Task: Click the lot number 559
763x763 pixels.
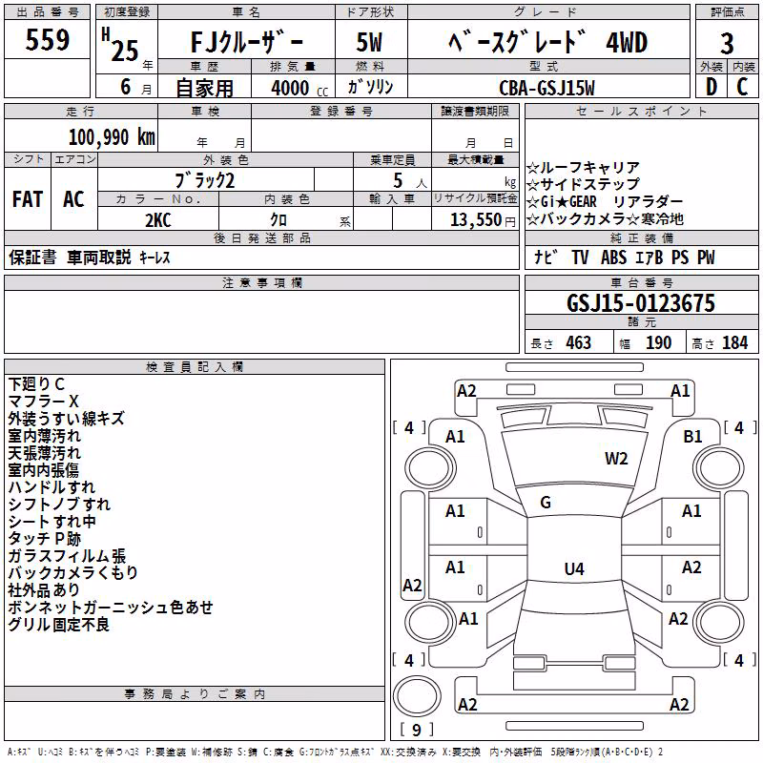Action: pos(47,39)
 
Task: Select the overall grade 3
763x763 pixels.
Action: pos(727,43)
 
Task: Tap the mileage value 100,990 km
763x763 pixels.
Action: pos(112,137)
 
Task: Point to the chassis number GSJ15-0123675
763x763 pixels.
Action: pos(641,303)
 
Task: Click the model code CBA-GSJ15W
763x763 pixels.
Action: pos(546,88)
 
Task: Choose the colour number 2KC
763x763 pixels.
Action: pos(158,220)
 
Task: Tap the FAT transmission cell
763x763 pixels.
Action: pos(28,199)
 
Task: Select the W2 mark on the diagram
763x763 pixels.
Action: pos(616,459)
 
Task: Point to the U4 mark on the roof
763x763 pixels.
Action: pos(574,568)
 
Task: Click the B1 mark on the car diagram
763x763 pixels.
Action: pos(692,437)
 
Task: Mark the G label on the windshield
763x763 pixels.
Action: pos(546,503)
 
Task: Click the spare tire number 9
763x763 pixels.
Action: pos(416,730)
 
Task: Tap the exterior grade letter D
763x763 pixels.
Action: pos(711,87)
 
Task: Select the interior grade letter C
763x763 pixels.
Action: pos(742,87)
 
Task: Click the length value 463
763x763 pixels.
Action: pos(578,343)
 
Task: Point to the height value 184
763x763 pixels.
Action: pos(734,343)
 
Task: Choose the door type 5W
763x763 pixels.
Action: pos(369,42)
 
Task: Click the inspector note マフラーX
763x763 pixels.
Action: pos(43,402)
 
